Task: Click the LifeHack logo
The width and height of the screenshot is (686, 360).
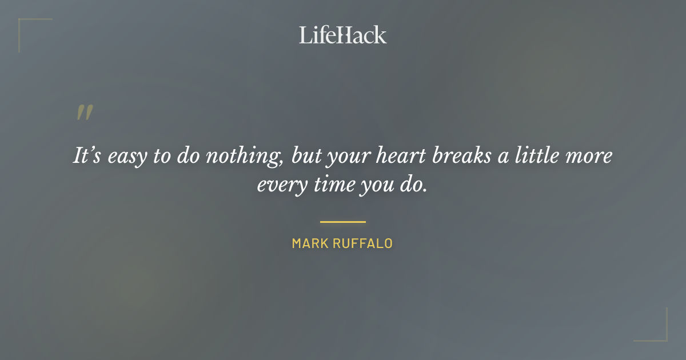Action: [x=342, y=35]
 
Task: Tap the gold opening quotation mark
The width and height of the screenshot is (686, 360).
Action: [x=84, y=113]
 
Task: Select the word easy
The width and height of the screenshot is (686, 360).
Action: [x=126, y=157]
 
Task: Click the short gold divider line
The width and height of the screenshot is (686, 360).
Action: [x=342, y=221]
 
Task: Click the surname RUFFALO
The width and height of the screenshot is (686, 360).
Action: [x=366, y=243]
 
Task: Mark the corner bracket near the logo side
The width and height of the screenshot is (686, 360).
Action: [x=29, y=29]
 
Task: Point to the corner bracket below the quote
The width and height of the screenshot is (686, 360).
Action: [x=657, y=331]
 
